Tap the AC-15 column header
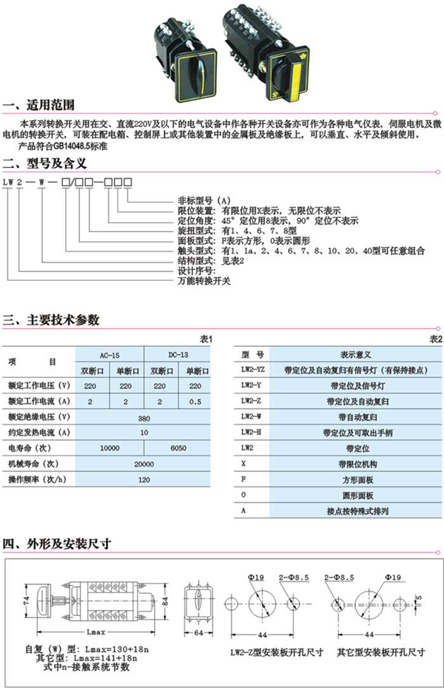(110, 354)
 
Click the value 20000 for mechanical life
(144, 464)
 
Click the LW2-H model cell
(252, 432)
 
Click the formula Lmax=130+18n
(111, 649)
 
